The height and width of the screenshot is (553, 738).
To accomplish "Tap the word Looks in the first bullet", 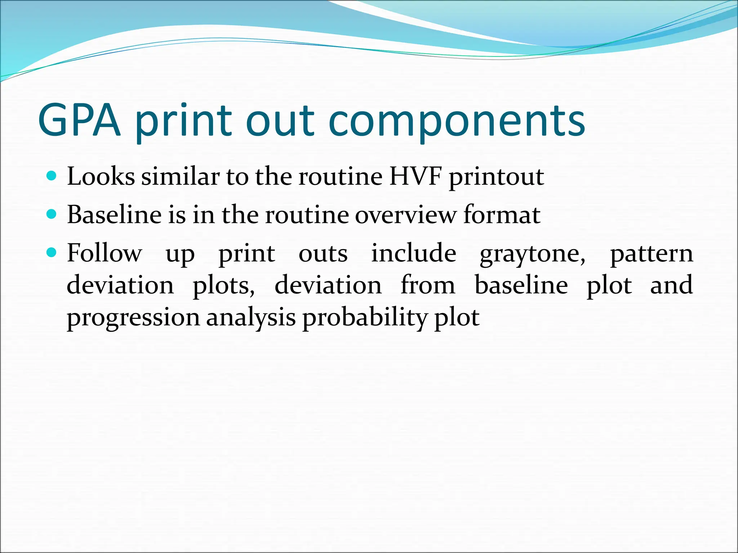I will point(101,177).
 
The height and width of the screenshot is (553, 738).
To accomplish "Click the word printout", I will point(496,177).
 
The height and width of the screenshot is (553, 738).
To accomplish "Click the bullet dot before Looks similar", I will point(52,176).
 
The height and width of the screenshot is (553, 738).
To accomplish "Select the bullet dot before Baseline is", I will point(52,215).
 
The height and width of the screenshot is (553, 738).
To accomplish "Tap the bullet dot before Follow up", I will point(52,253).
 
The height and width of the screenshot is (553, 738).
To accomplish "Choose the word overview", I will point(405,215).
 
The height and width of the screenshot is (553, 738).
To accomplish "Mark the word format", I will point(502,215).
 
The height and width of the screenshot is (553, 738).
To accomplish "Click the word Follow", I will point(105,253).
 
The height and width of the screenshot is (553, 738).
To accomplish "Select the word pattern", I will point(652,254).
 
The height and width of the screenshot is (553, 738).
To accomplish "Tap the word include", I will point(414,253).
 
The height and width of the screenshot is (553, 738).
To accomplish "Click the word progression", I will point(133,318).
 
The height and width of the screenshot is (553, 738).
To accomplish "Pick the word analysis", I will point(251,318).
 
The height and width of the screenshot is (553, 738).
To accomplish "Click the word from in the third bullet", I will point(428,286).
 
